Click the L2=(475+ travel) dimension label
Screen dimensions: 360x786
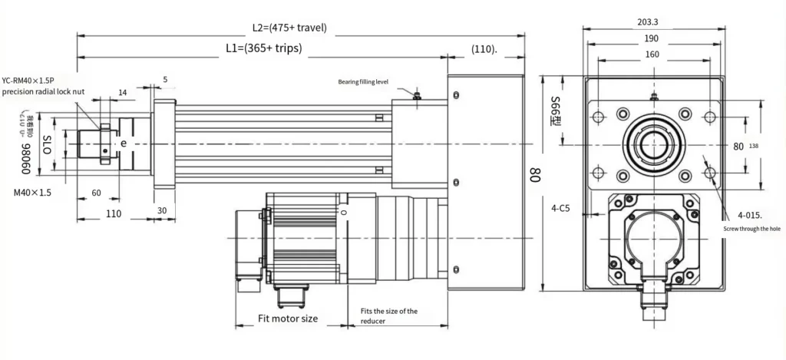pos(289,28)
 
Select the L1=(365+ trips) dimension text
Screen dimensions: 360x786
pos(263,48)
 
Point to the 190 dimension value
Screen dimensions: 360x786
pos(651,38)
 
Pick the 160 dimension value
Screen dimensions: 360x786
pos(652,54)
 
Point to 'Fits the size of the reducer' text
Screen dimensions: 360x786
pos(389,315)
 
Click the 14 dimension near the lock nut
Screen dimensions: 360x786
pos(123,92)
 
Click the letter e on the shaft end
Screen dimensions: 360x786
pos(123,144)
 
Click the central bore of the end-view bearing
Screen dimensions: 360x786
pos(652,143)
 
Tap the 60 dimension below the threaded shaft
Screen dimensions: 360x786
pos(96,193)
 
